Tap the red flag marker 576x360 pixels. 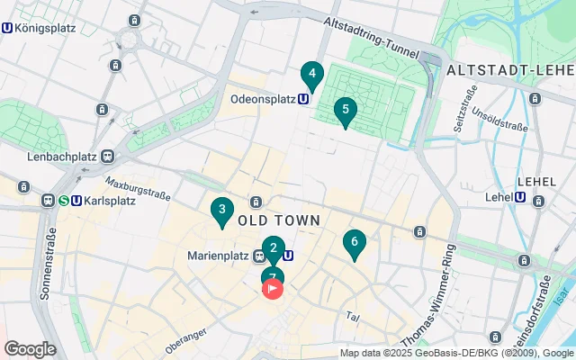273,289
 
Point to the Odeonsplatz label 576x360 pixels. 264,100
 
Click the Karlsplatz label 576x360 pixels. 109,201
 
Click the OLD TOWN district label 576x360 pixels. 279,220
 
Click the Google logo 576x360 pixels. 30,349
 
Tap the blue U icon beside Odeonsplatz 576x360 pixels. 304,100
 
